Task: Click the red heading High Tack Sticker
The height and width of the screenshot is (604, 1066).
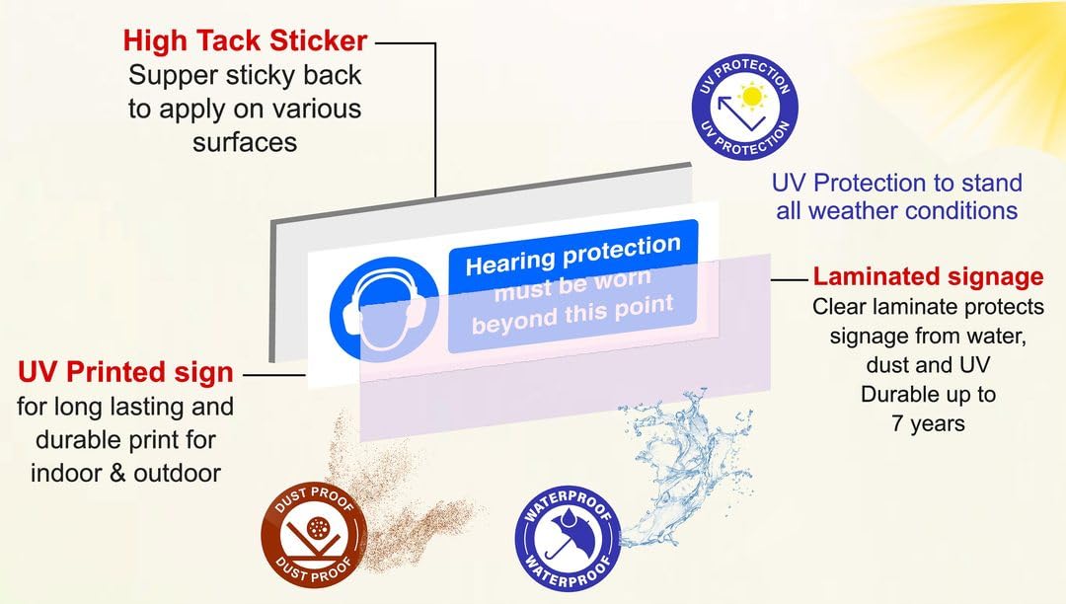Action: click(246, 40)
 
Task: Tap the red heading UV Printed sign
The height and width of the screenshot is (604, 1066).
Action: click(125, 372)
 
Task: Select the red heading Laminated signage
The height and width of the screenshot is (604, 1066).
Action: click(928, 276)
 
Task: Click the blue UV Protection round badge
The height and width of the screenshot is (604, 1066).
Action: click(744, 107)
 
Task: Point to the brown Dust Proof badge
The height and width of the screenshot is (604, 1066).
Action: click(314, 535)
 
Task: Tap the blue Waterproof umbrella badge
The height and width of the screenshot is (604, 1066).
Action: click(569, 539)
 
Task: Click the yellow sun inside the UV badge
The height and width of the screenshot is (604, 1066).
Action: click(752, 96)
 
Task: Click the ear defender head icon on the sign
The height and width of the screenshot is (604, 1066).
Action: click(384, 310)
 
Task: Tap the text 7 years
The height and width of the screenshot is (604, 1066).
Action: click(928, 423)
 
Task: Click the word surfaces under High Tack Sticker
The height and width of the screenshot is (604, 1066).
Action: click(245, 143)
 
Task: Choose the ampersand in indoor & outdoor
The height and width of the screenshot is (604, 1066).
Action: click(117, 474)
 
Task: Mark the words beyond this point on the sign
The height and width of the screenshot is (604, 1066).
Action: click(572, 316)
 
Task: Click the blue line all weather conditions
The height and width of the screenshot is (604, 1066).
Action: click(896, 210)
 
